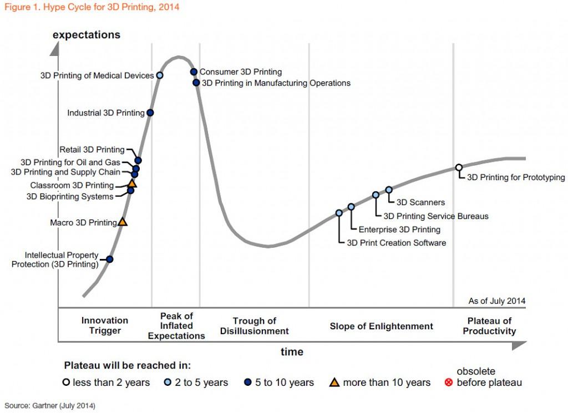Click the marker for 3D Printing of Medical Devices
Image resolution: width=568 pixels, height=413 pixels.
(160, 75)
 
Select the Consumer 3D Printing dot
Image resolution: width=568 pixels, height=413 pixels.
(194, 72)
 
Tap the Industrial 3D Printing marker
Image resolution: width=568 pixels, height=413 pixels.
(150, 113)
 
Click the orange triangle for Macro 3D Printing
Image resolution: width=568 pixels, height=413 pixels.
(123, 222)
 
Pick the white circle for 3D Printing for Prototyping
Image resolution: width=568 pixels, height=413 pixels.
(459, 167)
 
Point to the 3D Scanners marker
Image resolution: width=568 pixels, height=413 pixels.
(389, 190)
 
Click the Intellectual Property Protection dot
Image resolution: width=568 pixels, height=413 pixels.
(110, 259)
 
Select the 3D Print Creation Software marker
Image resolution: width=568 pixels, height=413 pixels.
(339, 213)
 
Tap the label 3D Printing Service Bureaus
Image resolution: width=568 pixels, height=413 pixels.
(436, 216)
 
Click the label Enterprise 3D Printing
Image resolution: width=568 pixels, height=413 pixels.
(399, 230)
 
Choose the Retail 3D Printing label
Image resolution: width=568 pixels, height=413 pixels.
(92, 149)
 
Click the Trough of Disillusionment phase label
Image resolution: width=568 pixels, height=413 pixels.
(254, 326)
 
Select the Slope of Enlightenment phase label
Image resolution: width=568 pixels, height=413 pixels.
(381, 326)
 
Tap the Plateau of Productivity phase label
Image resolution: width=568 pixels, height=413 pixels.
(489, 326)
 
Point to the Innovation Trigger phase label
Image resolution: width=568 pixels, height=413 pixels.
(105, 326)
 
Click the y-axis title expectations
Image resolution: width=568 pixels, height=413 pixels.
(87, 35)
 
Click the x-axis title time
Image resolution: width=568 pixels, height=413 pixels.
(292, 351)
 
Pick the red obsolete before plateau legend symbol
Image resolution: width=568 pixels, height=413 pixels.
(449, 383)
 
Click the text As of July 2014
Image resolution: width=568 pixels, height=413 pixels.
(496, 301)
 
